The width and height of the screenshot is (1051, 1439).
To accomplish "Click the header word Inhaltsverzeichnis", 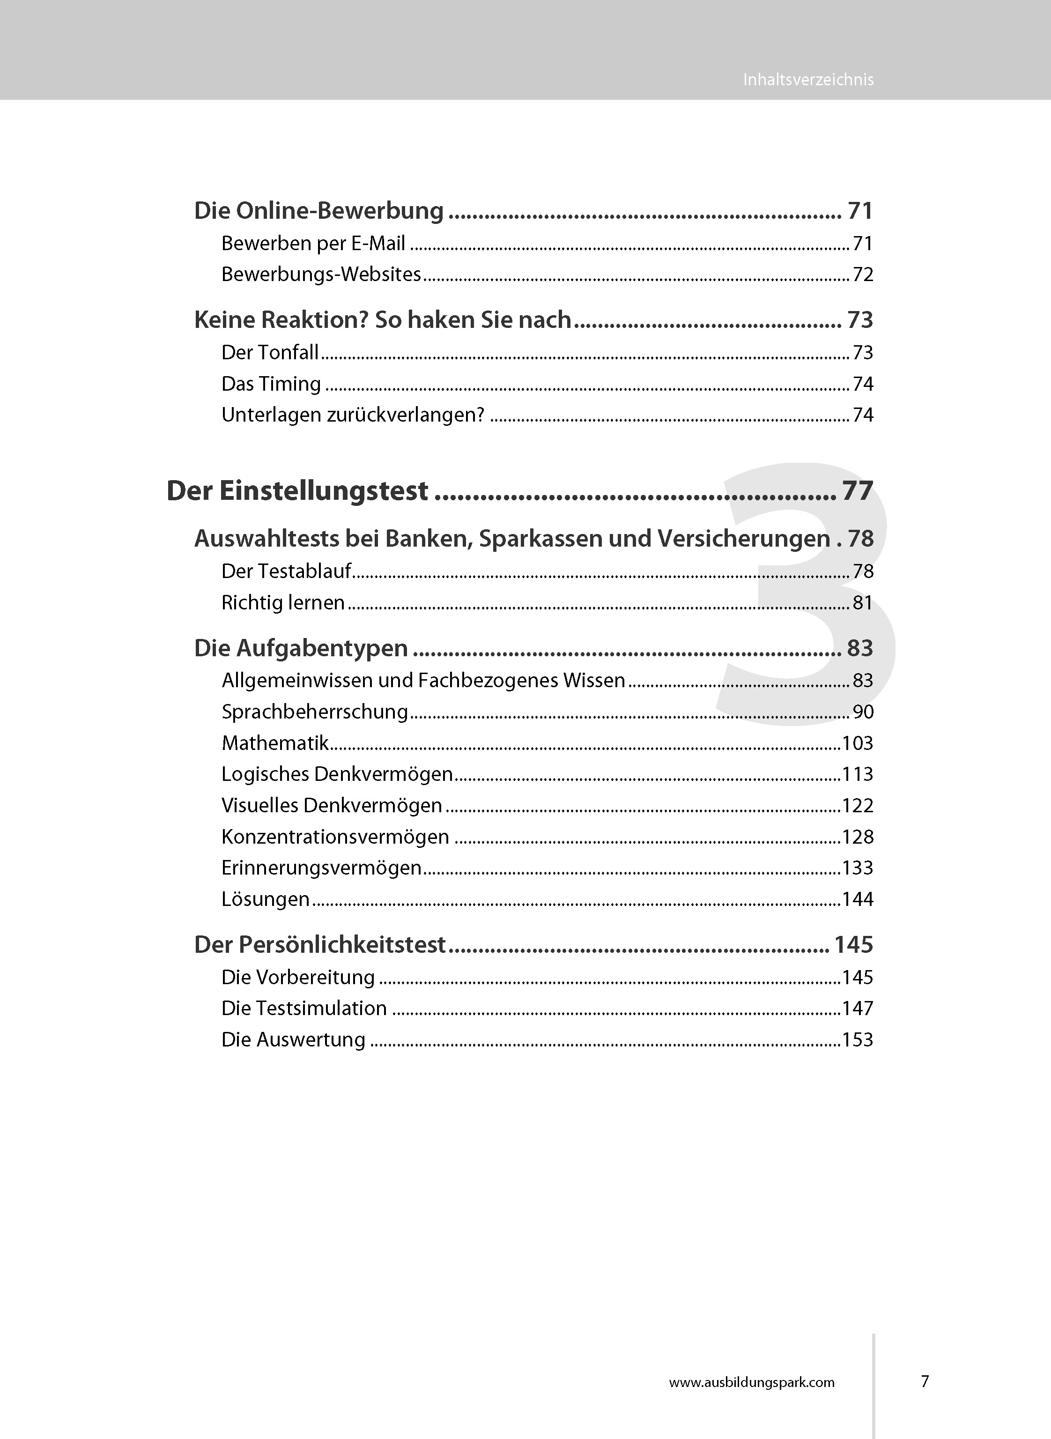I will [x=808, y=80].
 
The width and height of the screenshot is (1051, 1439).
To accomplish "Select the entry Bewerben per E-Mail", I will [x=313, y=243].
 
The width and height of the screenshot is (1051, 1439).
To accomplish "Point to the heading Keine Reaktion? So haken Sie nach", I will [x=382, y=319].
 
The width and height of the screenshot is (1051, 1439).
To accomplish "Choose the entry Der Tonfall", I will [x=270, y=352].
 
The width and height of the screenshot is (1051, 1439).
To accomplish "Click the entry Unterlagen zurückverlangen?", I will [x=353, y=415].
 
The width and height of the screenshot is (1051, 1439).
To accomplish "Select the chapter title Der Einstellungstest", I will [x=297, y=490].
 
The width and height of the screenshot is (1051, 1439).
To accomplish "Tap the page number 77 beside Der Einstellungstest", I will [x=857, y=490].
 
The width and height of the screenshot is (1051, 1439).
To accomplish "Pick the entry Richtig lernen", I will [x=282, y=602].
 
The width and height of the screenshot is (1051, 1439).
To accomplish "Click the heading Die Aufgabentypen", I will [x=301, y=648].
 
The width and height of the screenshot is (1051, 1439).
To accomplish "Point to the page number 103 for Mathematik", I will [x=857, y=742].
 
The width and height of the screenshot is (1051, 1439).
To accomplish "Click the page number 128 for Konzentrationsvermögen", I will [x=857, y=837].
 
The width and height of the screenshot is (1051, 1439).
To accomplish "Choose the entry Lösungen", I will [x=265, y=899].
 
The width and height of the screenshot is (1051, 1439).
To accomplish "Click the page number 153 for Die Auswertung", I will [x=857, y=1039].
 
